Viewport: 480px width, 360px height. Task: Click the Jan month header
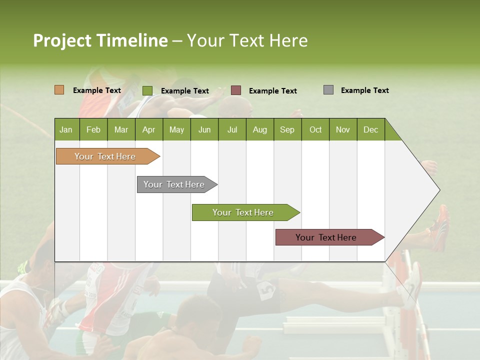pos(66,129)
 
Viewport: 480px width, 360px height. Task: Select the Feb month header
pos(93,129)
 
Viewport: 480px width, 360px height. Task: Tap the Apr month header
pos(148,129)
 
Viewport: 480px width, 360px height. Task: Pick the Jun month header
pos(204,129)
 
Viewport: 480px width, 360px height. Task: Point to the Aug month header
pos(259,129)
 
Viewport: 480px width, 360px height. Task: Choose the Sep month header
pos(287,129)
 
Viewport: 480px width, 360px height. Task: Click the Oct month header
pos(315,129)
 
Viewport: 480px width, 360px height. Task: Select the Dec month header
pos(370,129)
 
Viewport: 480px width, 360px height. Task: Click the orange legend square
pos(59,90)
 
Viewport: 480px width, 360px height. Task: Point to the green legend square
pos(147,90)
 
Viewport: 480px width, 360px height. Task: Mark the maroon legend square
pos(236,90)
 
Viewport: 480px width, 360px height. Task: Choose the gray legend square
pos(328,90)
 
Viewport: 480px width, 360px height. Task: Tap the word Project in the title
pos(61,40)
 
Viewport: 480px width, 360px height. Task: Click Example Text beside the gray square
pos(364,90)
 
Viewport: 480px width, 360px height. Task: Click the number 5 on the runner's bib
pos(267,289)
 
